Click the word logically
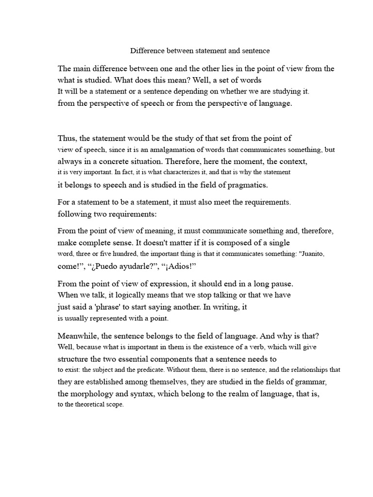(127, 295)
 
